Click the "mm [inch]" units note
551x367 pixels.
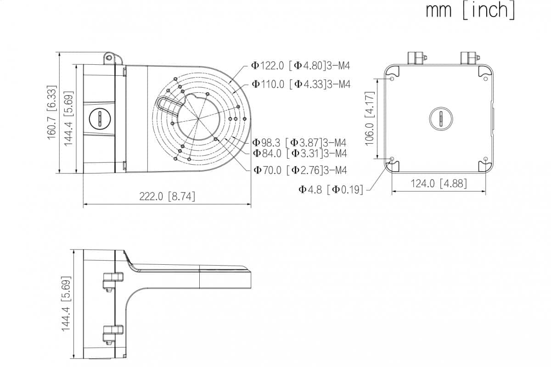coord(470,11)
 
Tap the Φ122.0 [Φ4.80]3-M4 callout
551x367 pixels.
coord(301,66)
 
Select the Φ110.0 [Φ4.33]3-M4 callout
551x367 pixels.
coord(301,84)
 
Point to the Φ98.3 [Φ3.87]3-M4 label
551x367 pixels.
coord(299,143)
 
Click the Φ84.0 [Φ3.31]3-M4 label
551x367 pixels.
coord(299,153)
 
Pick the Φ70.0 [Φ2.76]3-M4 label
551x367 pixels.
coord(300,170)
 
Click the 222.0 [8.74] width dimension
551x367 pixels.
coord(167,196)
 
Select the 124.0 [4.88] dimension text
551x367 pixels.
coord(439,183)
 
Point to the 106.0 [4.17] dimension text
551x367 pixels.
coord(370,119)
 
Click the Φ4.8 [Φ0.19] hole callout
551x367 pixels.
coord(331,189)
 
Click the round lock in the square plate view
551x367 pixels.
coord(441,118)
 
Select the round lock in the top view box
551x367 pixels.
coord(99,118)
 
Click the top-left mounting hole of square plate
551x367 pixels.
coord(392,78)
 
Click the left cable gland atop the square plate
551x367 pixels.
coord(416,57)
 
